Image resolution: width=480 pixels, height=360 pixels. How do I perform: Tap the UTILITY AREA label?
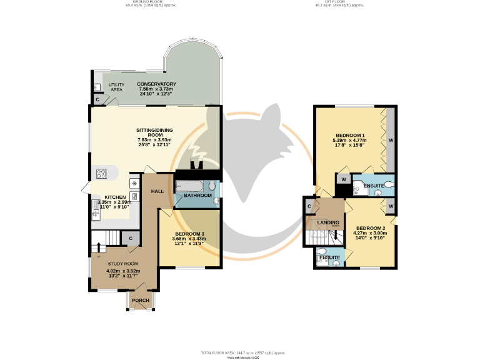pos(116,87)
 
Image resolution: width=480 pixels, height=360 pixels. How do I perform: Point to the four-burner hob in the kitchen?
pos(102,173)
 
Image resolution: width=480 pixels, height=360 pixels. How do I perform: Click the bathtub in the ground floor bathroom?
pos(189,186)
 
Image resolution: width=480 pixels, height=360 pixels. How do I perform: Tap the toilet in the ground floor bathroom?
pos(212,186)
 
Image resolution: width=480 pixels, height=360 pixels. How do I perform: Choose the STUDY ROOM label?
pos(122,264)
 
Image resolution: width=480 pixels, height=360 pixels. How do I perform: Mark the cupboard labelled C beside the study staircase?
pos(131,238)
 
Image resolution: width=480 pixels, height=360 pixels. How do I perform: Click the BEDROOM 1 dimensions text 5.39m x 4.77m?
pos(351,141)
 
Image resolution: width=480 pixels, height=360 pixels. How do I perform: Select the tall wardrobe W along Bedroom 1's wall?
pos(391,140)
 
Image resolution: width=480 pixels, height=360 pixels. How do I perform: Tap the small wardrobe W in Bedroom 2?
pos(391,205)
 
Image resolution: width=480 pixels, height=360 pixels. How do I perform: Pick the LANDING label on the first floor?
pos(328,222)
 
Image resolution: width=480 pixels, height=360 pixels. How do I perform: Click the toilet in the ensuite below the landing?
pos(335,263)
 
